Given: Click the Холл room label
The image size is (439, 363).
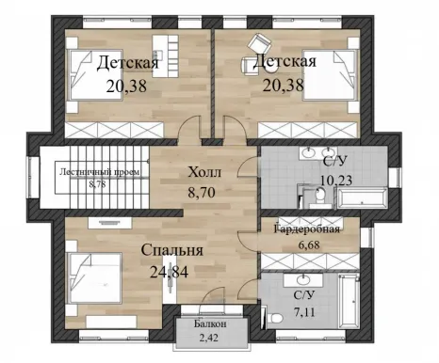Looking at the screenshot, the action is coord(204,172).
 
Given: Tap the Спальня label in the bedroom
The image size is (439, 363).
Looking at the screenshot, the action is coord(172,250).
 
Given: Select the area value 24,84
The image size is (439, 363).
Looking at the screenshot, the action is coord(170,272).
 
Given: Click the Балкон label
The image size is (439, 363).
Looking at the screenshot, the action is coord(210,324).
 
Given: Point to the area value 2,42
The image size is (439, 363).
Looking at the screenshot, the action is coord(209,338).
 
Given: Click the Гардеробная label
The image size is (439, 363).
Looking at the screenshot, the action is coord(307,229).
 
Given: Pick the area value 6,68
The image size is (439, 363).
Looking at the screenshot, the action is coord(308,244).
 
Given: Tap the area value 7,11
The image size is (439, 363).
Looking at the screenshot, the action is coord(304,312).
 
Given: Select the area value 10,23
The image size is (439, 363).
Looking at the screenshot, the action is coord(336,180).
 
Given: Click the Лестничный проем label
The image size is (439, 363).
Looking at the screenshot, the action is coord(100,172).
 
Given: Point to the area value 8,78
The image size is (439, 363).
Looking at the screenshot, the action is coord(97,184).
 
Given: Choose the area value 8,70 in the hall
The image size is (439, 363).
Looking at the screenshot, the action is coord(202,192).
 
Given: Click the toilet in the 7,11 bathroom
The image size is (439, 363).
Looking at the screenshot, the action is coord(274,318).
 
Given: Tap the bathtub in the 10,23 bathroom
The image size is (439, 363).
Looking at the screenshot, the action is coord(362,197).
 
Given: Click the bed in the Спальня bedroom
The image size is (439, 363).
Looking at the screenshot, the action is coord(95,277).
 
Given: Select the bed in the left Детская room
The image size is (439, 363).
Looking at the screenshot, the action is coord(95,75).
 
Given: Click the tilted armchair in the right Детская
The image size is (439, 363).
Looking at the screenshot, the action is coord(260,44).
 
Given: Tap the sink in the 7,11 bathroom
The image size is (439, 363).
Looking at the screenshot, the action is coord(303,280).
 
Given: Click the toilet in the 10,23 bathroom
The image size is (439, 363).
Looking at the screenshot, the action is coord(320,197).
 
